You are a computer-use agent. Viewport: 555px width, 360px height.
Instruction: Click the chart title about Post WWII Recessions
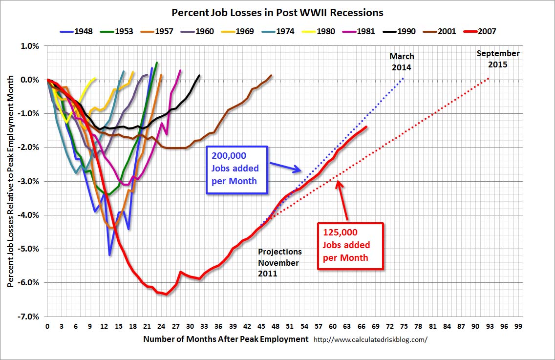tap(277, 13)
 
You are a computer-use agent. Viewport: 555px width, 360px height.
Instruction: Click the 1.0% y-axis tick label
tap(29, 46)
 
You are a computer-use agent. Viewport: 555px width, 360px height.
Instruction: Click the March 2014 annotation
tap(402, 62)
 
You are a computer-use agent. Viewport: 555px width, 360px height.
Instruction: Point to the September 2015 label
tap(498, 59)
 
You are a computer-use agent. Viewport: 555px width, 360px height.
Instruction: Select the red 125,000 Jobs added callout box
tap(350, 246)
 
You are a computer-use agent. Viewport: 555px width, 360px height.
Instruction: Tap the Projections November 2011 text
tap(280, 263)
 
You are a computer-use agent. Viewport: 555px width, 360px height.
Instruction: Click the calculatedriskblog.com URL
tap(370, 339)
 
